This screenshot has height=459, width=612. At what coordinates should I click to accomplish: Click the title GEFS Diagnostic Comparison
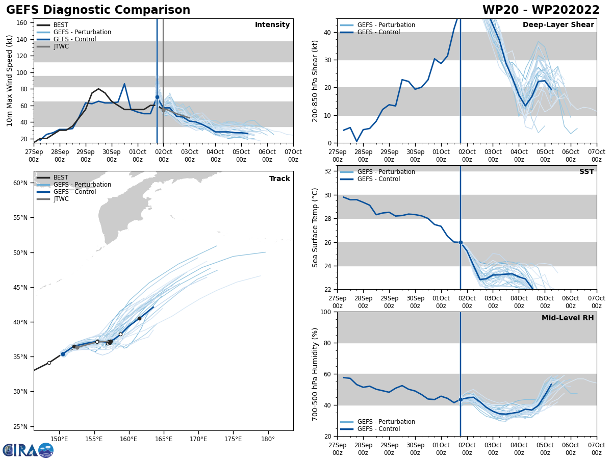[x=98, y=10]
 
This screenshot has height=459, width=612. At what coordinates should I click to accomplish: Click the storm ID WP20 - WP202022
[x=541, y=10]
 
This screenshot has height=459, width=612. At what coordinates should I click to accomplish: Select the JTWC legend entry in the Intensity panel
[x=61, y=46]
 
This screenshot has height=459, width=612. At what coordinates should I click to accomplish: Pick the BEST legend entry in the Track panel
[x=61, y=177]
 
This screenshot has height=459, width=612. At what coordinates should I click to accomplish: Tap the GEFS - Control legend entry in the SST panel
[x=378, y=179]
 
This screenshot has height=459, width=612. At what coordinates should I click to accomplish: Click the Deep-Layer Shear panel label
[x=558, y=25]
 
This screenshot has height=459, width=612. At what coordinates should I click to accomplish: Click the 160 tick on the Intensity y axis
[x=24, y=22]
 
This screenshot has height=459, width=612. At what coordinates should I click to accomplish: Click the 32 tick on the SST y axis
[x=328, y=171]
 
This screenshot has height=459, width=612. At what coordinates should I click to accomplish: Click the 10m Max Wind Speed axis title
[x=10, y=81]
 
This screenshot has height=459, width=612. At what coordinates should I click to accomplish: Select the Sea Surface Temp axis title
[x=316, y=227]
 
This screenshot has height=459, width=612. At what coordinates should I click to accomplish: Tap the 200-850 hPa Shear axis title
[x=316, y=81]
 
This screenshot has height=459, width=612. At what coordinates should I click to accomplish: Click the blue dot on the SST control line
[x=461, y=242]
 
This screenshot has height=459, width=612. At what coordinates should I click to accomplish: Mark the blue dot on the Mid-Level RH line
[x=461, y=399]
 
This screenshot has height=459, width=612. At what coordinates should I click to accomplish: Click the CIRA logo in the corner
[x=28, y=450]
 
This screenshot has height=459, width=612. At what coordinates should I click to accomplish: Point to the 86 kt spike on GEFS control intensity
[x=124, y=84]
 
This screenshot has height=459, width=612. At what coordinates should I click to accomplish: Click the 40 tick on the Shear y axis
[x=328, y=32]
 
